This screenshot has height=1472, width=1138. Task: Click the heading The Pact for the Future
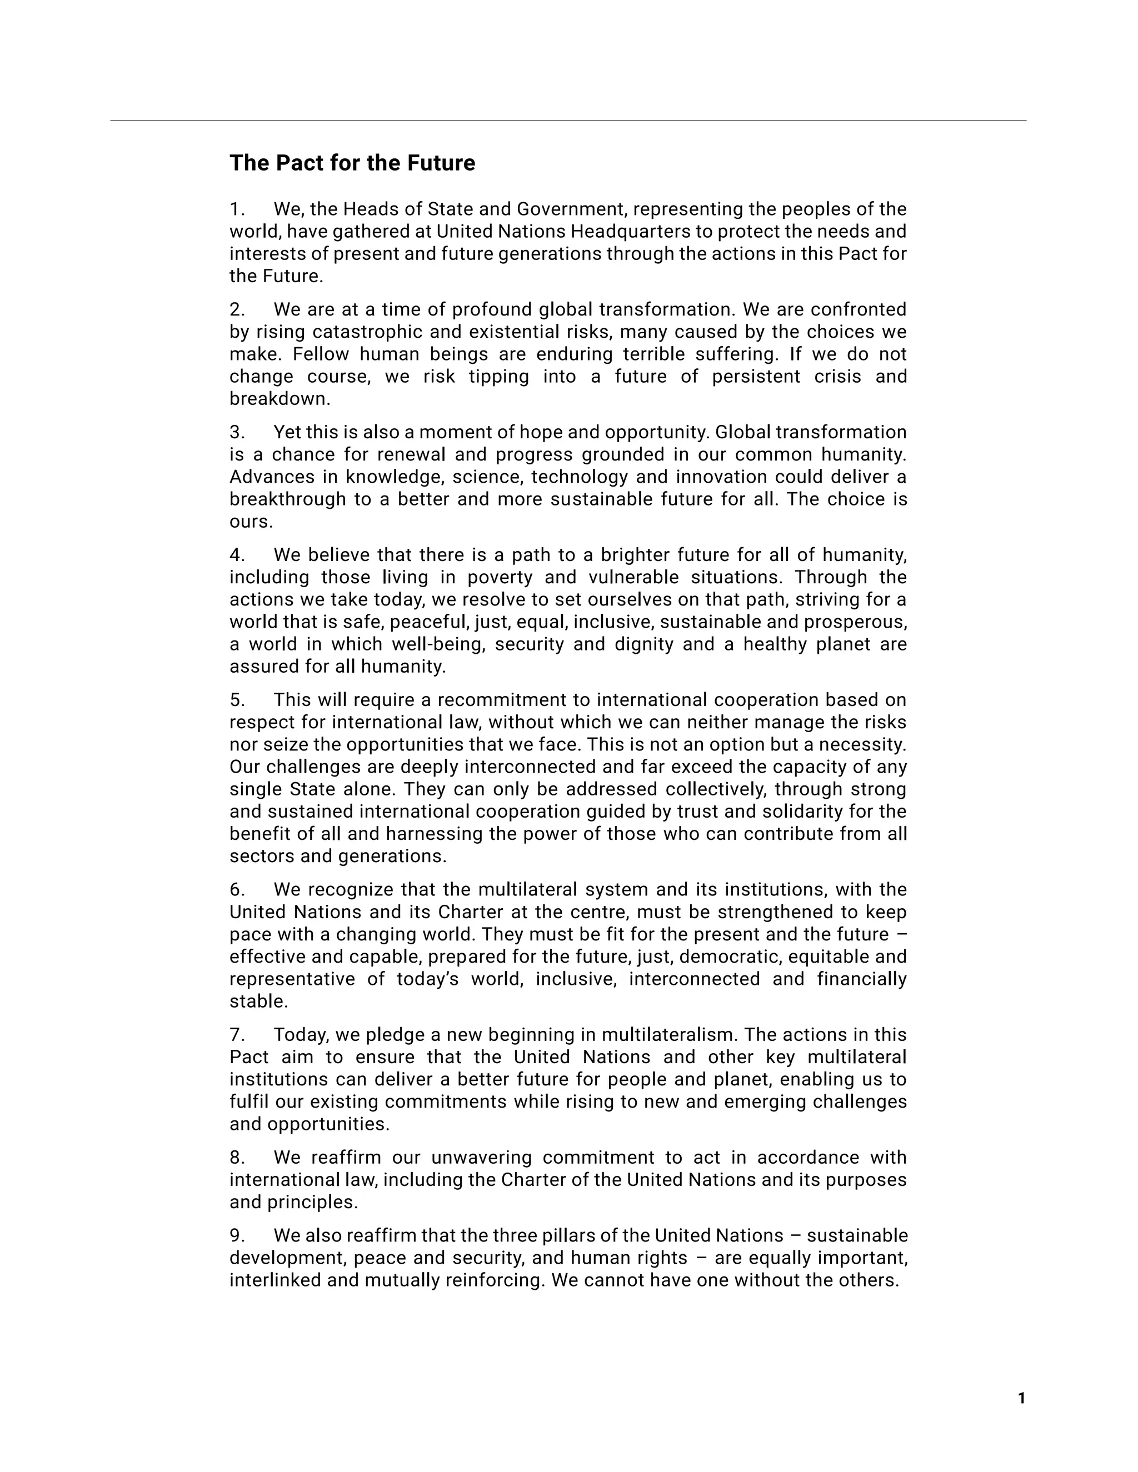(x=352, y=163)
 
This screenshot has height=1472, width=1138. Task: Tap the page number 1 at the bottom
(x=1021, y=1399)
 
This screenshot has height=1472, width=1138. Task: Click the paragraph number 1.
(x=237, y=209)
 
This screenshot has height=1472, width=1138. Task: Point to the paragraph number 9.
(x=237, y=1235)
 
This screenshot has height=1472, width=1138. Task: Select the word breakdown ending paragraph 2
(x=278, y=398)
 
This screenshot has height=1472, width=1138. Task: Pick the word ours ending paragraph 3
(x=249, y=522)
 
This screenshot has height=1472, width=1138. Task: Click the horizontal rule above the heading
(x=568, y=121)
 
